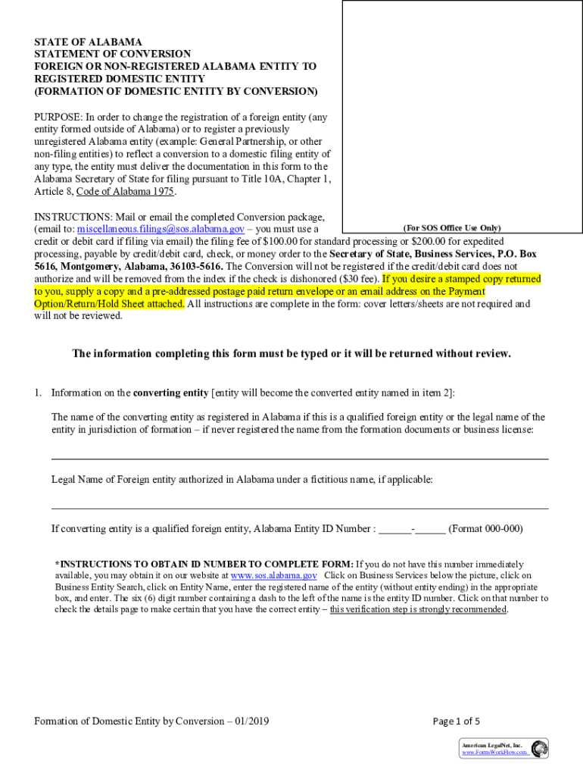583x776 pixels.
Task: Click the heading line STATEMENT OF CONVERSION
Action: tap(112, 54)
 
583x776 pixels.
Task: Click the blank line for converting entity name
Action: tap(300, 458)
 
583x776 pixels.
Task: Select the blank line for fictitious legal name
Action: tap(300, 508)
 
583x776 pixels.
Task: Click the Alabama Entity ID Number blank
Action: tap(412, 529)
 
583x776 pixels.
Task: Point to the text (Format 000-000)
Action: tap(485, 529)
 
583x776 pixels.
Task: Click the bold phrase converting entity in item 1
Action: tap(170, 393)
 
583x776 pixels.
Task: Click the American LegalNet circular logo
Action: tap(539, 749)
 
